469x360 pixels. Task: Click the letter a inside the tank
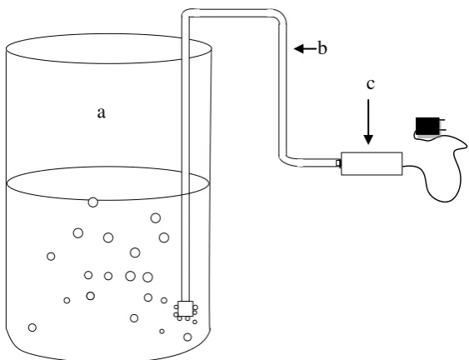tap(102, 113)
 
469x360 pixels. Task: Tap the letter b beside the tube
tap(322, 47)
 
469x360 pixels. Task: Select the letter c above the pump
tap(371, 85)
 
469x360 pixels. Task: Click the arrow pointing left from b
tap(305, 48)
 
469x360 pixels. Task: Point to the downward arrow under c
tap(368, 122)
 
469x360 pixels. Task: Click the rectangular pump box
tap(372, 163)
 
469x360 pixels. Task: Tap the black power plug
tap(427, 126)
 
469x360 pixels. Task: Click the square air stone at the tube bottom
tap(186, 309)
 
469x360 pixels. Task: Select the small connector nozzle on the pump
tap(338, 163)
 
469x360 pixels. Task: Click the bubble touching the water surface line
tap(93, 202)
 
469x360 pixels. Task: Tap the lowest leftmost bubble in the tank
tap(32, 327)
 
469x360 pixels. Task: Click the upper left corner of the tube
tap(185, 14)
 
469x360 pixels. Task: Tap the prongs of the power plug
tap(442, 125)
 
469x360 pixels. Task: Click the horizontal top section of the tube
tap(230, 13)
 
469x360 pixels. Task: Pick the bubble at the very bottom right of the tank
tap(187, 337)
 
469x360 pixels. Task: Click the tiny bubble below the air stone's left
tap(179, 318)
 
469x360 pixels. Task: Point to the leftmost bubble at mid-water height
tap(51, 256)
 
